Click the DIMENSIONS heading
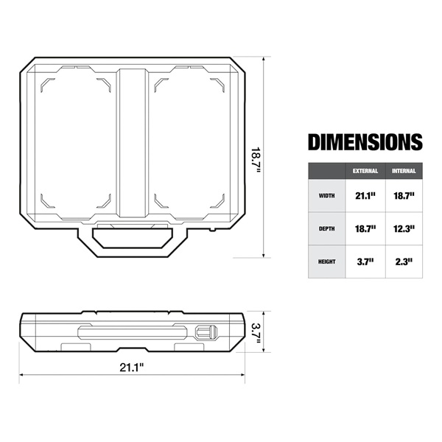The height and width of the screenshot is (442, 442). coord(365,141)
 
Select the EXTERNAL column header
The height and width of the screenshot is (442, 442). coord(365,171)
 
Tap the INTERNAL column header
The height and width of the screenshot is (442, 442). coord(404,171)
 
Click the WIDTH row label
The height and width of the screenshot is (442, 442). coord(326,195)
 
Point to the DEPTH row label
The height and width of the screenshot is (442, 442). coord(326,228)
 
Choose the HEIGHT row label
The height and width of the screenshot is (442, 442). coord(326,262)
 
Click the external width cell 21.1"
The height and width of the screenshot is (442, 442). coord(365,195)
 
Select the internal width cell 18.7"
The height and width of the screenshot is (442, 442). coord(404,195)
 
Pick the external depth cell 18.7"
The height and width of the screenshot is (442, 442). coord(365,228)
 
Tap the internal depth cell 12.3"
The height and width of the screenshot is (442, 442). coord(404,228)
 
